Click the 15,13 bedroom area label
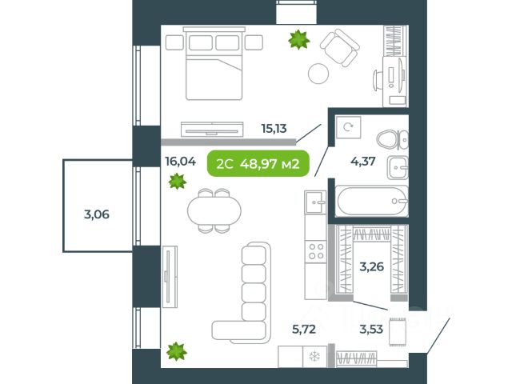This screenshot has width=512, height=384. coord(274,129)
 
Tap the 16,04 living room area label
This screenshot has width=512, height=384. coord(181,161)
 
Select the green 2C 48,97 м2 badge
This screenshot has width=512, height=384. coord(258,163)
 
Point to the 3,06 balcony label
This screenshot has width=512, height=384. coord(97,214)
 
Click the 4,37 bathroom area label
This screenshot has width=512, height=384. coord(362,162)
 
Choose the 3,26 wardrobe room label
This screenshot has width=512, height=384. coord(371,266)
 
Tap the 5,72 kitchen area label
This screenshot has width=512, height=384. coord(304,329)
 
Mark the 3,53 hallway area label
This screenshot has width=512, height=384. coord(371,329)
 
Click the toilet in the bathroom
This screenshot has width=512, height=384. coord(393,140)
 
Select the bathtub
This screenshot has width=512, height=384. coord(372,201)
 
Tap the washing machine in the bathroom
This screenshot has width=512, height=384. coord(348,127)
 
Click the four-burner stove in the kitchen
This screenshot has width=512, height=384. coord(316,250)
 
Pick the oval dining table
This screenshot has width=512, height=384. coord(214,210)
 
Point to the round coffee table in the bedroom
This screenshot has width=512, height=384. coord(318,74)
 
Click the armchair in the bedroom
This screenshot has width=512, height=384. coord(339,48)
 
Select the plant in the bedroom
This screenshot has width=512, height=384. coord(298,39)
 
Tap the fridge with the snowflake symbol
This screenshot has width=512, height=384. coord(314,357)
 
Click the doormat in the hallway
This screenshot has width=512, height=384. coord(398,332)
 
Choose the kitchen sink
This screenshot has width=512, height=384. coord(315,202)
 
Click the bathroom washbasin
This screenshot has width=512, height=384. coord(398,167)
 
